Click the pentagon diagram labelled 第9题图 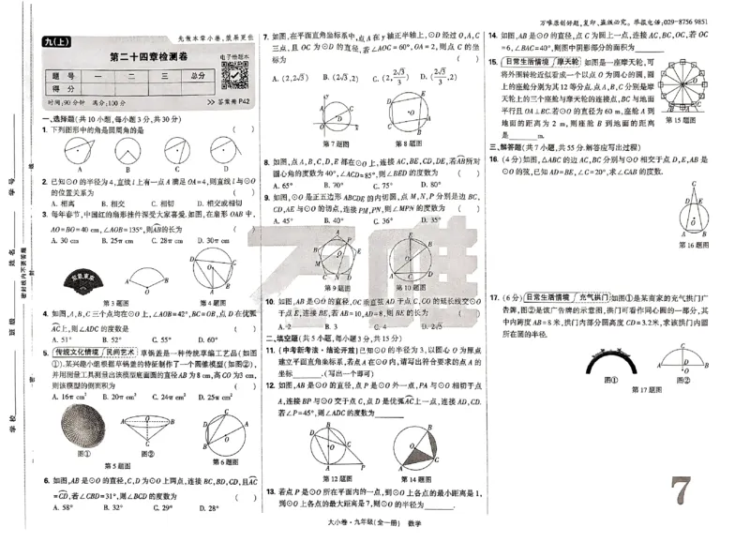[x=337, y=256]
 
